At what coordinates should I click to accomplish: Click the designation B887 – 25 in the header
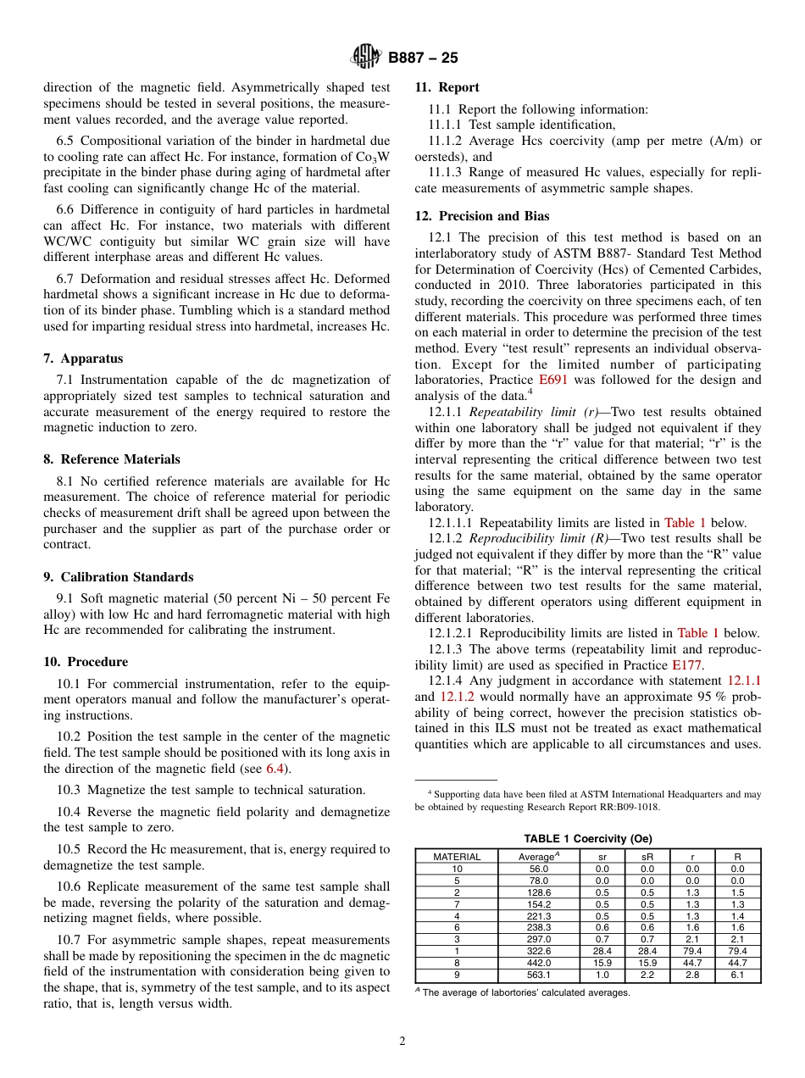(x=423, y=58)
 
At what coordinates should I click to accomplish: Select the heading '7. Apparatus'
(x=83, y=358)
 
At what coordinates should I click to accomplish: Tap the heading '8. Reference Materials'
(x=112, y=459)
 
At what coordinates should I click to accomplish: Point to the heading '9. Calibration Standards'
(x=118, y=577)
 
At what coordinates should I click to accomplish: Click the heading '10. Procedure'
(x=86, y=662)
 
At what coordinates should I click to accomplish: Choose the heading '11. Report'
(x=447, y=87)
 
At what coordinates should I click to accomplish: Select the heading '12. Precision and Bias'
(x=475, y=216)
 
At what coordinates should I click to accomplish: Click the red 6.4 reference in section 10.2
(x=275, y=769)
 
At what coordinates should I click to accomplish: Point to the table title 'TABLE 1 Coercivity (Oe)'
(x=587, y=839)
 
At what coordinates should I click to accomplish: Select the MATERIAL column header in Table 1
(x=457, y=857)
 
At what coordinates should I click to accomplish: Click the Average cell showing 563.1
(x=539, y=975)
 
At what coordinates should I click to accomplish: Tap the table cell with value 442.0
(x=539, y=964)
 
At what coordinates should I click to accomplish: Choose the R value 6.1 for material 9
(x=737, y=975)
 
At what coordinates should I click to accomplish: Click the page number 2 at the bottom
(x=402, y=1042)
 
